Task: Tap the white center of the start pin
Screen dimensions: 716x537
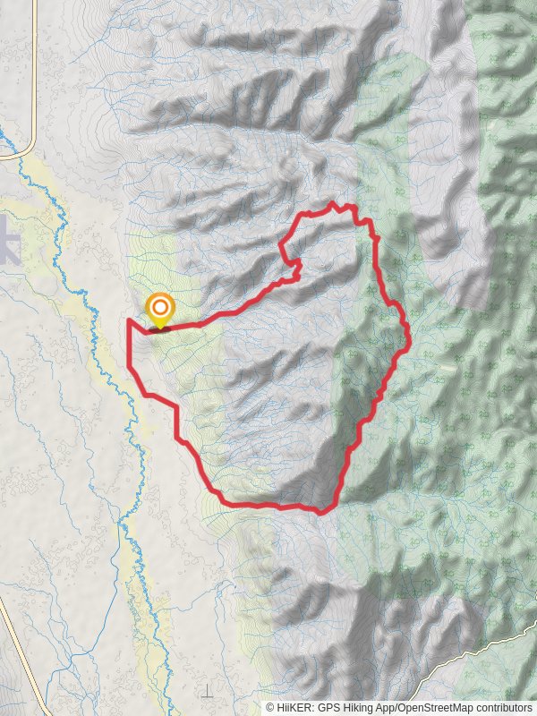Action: point(159,310)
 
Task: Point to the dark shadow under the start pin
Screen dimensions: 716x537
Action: point(160,328)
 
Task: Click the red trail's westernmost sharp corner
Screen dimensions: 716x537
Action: point(129,320)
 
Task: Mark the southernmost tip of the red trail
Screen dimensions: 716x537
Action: point(321,512)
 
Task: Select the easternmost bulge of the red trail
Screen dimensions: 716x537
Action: point(408,337)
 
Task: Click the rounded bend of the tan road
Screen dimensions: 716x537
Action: point(30,149)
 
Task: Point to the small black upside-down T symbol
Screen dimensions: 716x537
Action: point(207,692)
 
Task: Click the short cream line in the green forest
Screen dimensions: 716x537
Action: point(448,367)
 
